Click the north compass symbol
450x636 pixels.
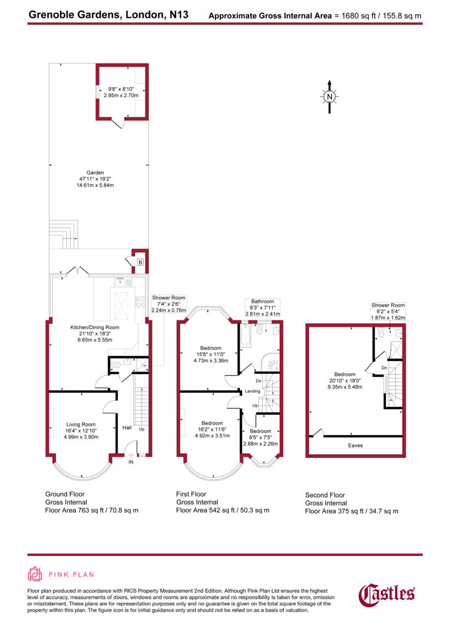[x=330, y=96]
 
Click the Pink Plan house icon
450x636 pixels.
[x=36, y=574]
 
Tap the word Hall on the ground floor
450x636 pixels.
[x=126, y=428]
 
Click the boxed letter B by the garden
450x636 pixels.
[x=140, y=262]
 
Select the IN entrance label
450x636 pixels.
[x=130, y=463]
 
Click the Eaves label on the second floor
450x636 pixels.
[x=355, y=445]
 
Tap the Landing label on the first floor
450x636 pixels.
[x=253, y=391]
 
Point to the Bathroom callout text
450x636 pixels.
[x=262, y=302]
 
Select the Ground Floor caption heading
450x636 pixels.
[x=65, y=494]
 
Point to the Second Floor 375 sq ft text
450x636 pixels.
[x=351, y=511]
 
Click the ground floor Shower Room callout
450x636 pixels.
[x=169, y=298]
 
